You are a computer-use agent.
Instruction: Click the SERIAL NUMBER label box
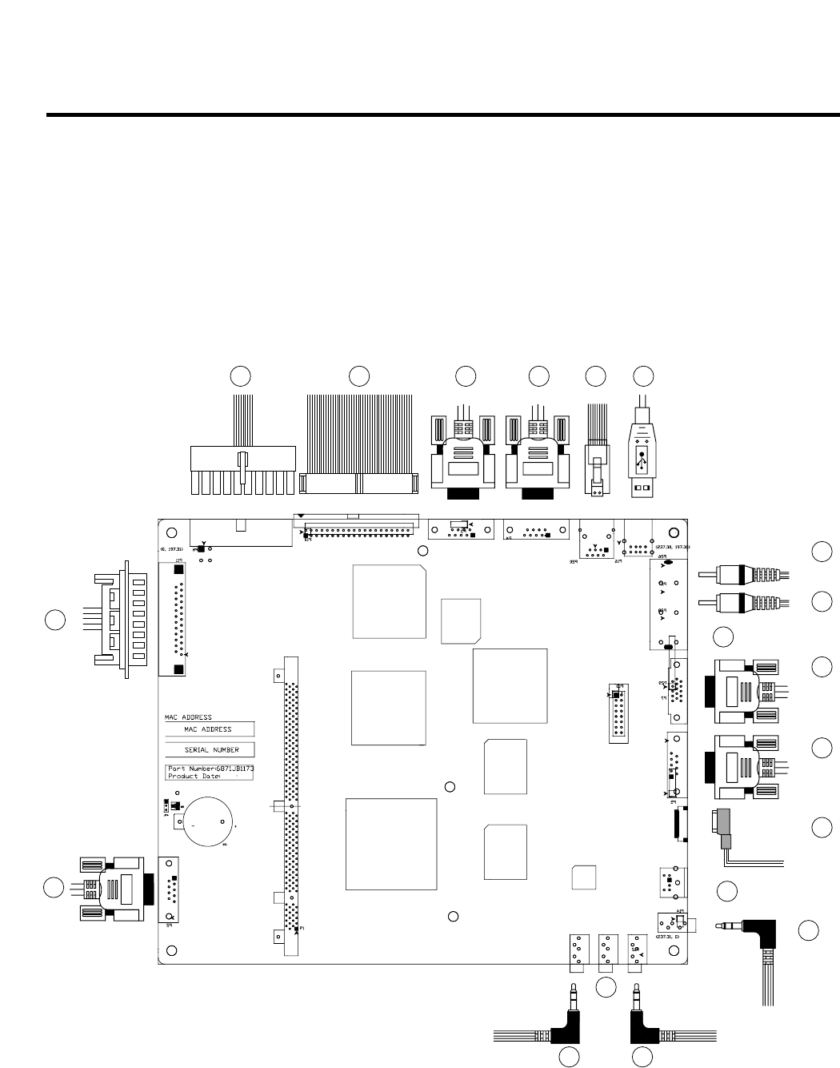[208, 751]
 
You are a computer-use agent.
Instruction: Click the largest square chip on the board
[391, 843]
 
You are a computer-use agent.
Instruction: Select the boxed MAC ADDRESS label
[208, 729]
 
